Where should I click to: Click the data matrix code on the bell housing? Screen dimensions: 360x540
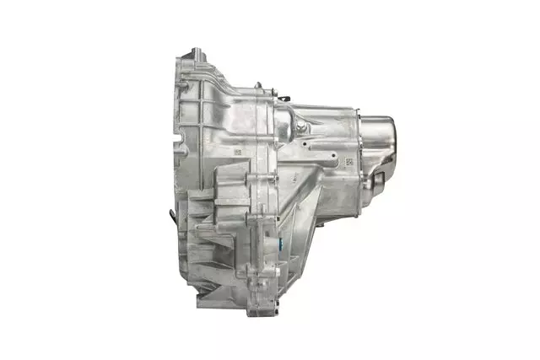point(239,152)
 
